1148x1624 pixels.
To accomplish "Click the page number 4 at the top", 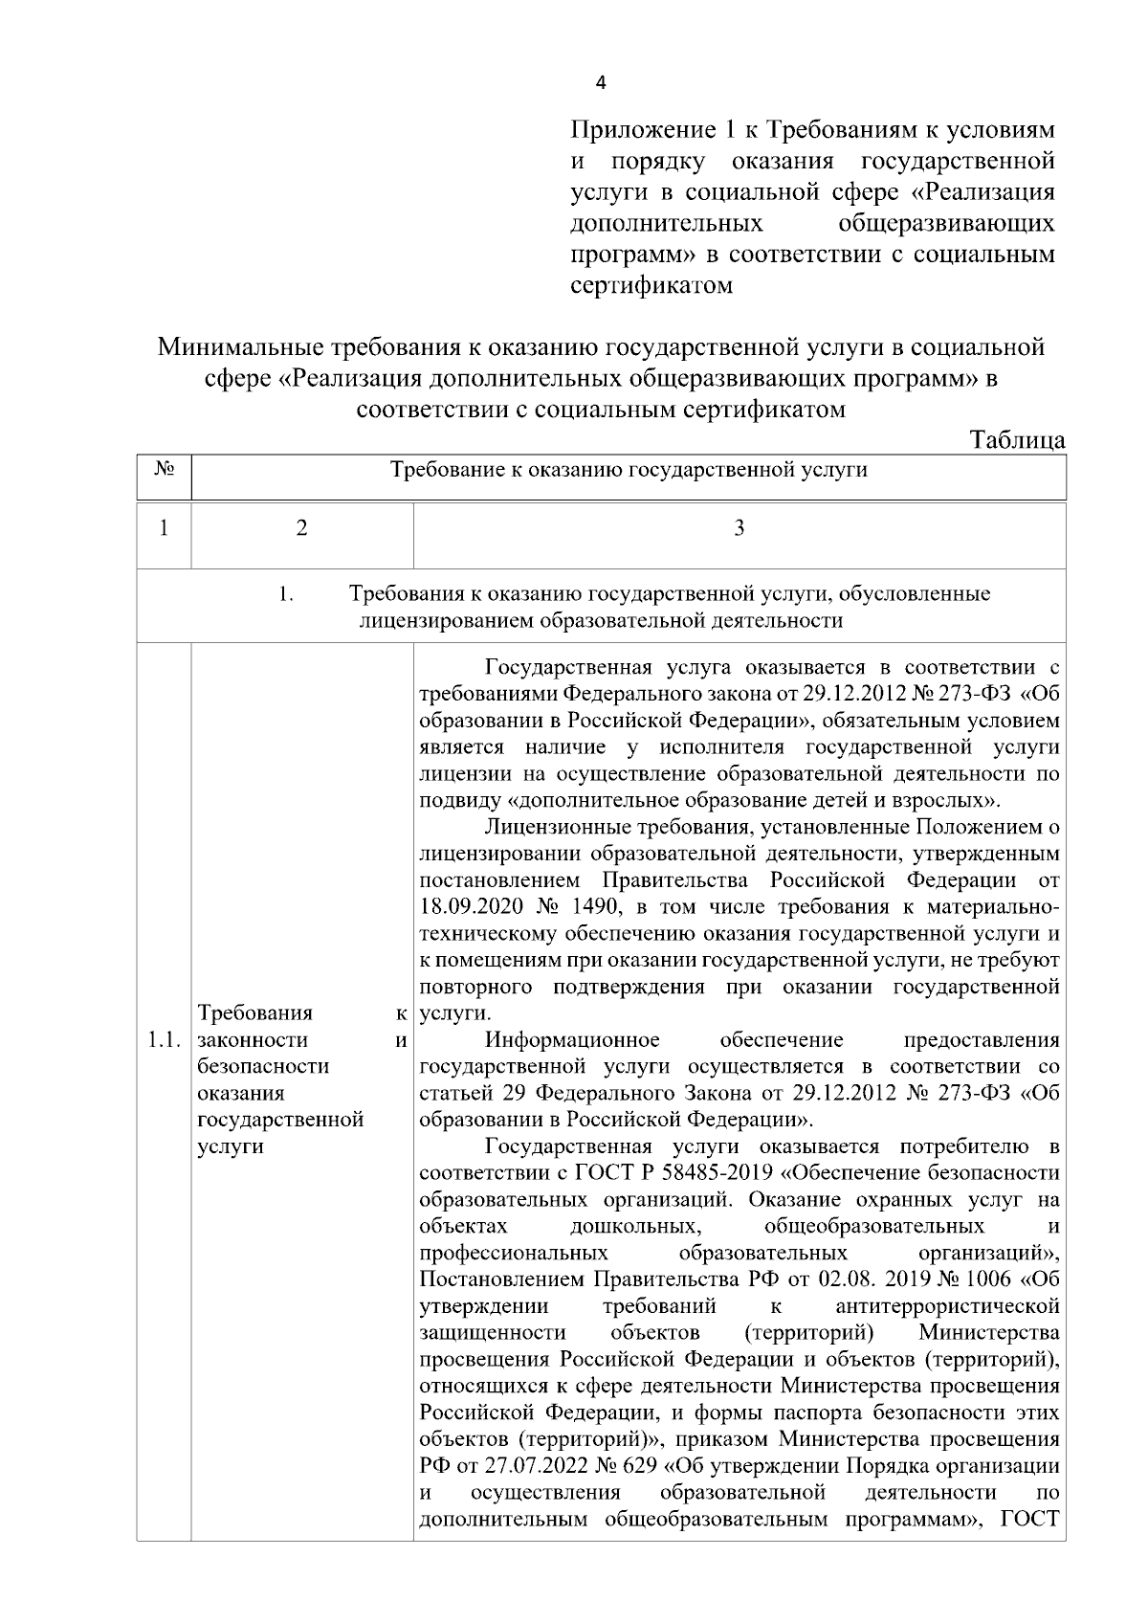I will pos(601,83).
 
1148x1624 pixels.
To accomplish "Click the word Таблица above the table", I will pos(1017,441).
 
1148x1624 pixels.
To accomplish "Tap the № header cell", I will pos(164,470).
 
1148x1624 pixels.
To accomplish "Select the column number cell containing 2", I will pos(302,528).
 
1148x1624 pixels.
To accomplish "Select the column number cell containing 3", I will pos(739,528).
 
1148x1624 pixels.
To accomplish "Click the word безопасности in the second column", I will pos(263,1067).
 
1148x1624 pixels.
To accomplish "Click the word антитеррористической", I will pos(947,1306).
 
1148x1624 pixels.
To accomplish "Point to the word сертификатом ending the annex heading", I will pos(651,285).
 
